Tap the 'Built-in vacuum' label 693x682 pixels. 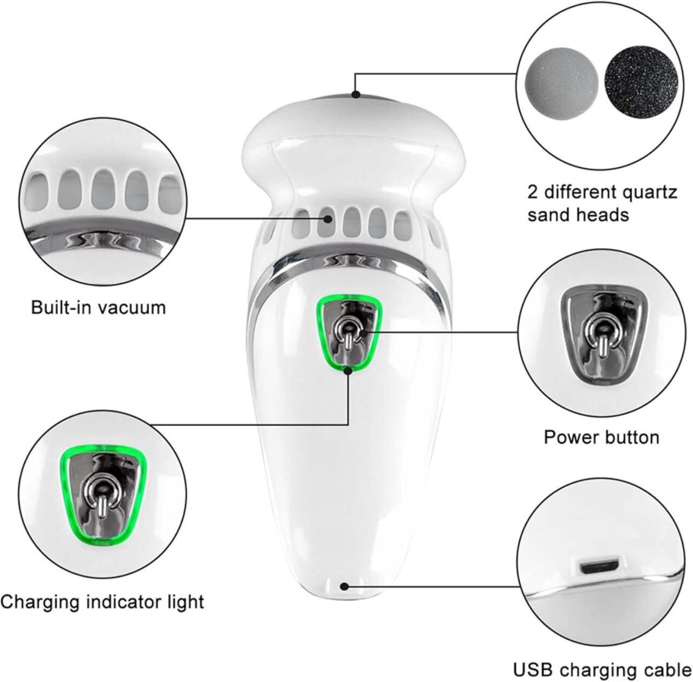[x=98, y=308]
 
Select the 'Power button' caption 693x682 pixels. [x=602, y=437]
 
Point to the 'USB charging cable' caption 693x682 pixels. [x=602, y=660]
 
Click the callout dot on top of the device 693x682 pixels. [x=356, y=95]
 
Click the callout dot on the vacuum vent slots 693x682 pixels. [x=327, y=218]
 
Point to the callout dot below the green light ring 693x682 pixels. [x=348, y=370]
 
